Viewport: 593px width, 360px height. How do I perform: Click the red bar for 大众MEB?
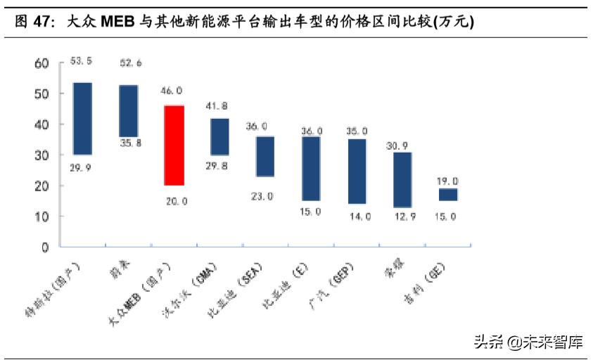[x=174, y=146]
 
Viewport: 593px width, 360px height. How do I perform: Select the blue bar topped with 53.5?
[x=82, y=119]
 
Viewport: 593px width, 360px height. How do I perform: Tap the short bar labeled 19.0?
[x=448, y=195]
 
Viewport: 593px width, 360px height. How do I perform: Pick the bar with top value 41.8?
[x=219, y=136]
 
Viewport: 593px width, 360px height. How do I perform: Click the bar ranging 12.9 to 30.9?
[x=402, y=180]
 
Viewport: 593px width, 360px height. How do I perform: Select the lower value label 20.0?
[x=176, y=201]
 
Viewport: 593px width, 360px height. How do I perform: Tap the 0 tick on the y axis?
[x=45, y=247]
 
